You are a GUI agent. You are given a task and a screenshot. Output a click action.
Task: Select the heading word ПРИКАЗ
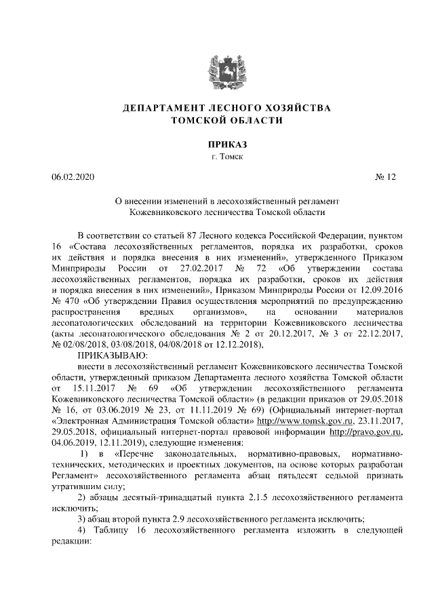(217, 145)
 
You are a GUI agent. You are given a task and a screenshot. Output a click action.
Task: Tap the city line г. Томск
(217, 157)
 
